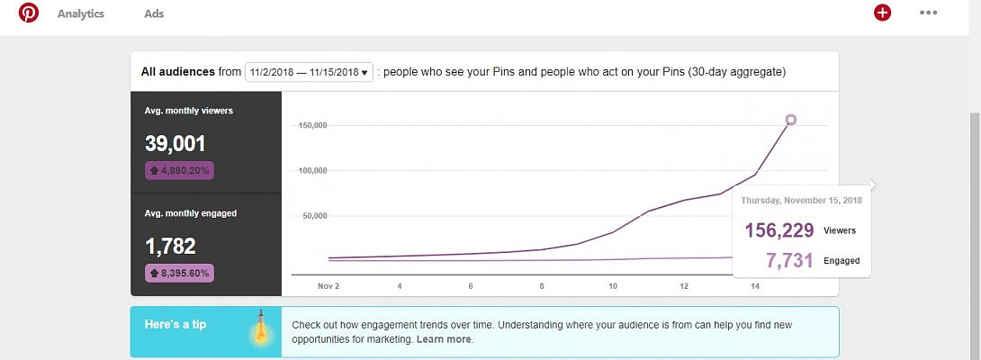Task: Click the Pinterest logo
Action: click(29, 13)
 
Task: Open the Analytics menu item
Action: click(81, 14)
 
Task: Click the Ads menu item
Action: click(154, 14)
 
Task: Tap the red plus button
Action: click(882, 13)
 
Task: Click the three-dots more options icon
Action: click(928, 13)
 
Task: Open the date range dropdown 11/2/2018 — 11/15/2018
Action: click(310, 72)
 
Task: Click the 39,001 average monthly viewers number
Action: click(175, 144)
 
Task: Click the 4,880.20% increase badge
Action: click(179, 170)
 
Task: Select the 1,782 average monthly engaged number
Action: click(170, 247)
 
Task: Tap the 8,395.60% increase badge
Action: click(179, 273)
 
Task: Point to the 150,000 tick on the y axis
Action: click(311, 125)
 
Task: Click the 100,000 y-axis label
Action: click(311, 171)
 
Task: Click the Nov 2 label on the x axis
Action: click(328, 286)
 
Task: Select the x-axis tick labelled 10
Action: click(613, 286)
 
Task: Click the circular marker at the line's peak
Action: click(791, 119)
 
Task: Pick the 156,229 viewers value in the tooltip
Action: click(779, 230)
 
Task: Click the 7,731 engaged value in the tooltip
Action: click(789, 261)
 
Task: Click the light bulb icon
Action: click(261, 329)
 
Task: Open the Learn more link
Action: click(444, 339)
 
